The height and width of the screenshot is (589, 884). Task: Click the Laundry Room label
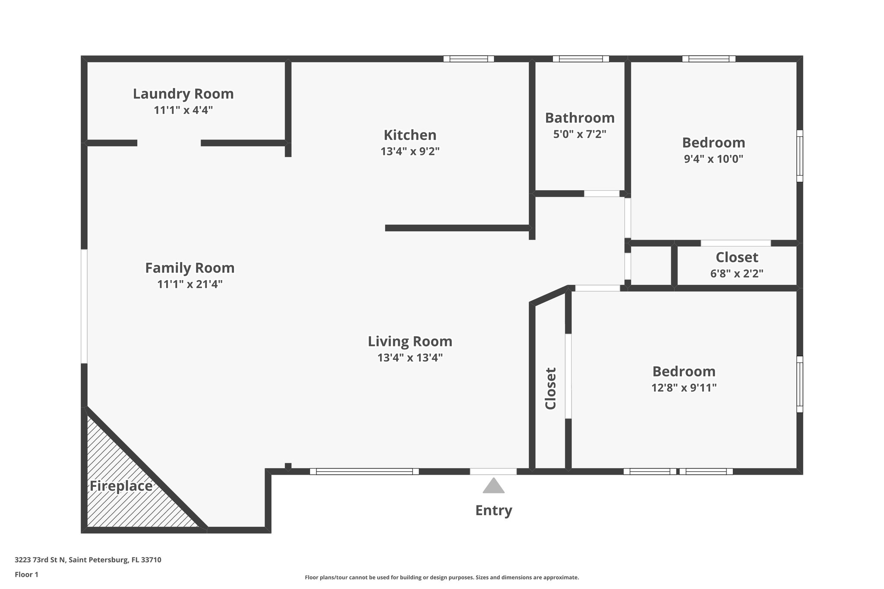coord(183,94)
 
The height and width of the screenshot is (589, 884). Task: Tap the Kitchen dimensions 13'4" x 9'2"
coord(410,151)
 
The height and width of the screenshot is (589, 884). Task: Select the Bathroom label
coord(580,118)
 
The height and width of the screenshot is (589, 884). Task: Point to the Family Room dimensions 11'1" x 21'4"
coord(190,284)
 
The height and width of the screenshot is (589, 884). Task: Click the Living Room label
coord(410,341)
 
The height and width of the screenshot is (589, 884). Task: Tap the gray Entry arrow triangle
coord(493,486)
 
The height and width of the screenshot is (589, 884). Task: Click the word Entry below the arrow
coord(493,510)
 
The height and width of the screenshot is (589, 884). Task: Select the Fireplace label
coord(121,486)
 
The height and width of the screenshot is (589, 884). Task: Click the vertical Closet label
coord(550,388)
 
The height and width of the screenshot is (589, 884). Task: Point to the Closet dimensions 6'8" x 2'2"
coord(737,274)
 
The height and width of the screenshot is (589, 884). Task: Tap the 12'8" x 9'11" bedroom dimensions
coord(684,388)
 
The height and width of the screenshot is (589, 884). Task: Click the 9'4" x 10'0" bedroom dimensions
coord(714,159)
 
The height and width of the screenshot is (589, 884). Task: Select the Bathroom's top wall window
coord(581,59)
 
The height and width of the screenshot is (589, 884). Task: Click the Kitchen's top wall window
coord(468,59)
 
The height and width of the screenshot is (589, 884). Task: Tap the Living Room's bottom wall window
coord(364,472)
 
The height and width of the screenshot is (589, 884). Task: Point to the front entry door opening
coord(493,472)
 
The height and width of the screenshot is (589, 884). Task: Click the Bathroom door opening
coord(602,194)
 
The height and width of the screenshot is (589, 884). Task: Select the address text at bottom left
coord(88,560)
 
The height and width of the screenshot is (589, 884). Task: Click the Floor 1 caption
coord(27,575)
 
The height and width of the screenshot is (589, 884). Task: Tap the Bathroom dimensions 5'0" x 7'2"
coord(580,134)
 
